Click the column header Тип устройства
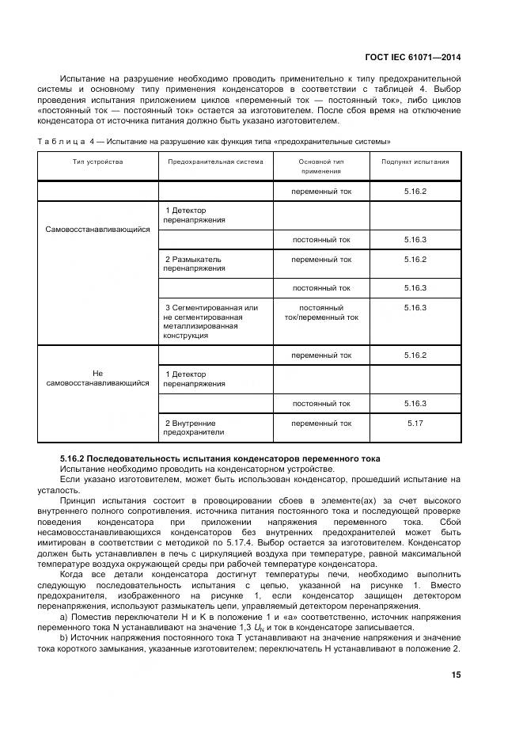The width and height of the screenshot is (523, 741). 97,161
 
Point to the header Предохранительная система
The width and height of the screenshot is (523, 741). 215,161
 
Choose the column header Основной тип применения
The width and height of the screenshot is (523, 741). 320,166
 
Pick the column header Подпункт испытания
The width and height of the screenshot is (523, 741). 415,161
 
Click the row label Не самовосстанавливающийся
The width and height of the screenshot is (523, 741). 97,378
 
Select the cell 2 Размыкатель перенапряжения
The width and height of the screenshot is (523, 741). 194,264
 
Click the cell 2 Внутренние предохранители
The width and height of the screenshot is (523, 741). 194,427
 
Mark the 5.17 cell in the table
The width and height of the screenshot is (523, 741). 415,424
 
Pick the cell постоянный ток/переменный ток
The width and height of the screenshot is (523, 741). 320,312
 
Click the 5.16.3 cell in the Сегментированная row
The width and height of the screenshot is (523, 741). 415,307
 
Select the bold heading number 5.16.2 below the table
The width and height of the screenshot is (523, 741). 78,458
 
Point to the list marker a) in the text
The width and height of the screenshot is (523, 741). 64,615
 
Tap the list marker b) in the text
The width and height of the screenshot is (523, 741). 64,636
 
